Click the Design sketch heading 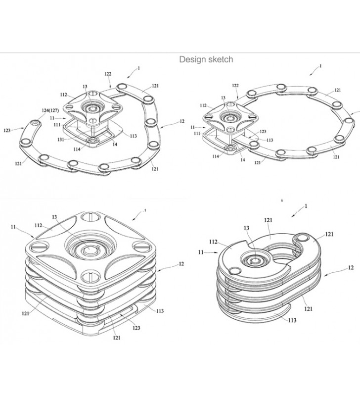(206, 59)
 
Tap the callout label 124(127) (50, 110)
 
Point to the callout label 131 (60, 140)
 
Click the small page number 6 (282, 200)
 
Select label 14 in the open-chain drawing (115, 144)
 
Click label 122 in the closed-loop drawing (235, 86)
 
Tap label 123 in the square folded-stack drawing (136, 328)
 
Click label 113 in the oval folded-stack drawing (292, 320)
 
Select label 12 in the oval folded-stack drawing (351, 267)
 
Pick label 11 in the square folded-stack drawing (13, 227)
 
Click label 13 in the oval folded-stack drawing (246, 228)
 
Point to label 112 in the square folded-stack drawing (39, 225)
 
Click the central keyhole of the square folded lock (90, 249)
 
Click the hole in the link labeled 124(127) (35, 123)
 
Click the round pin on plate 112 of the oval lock (234, 270)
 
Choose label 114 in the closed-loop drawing (216, 156)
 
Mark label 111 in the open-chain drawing (57, 125)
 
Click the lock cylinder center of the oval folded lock (255, 260)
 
